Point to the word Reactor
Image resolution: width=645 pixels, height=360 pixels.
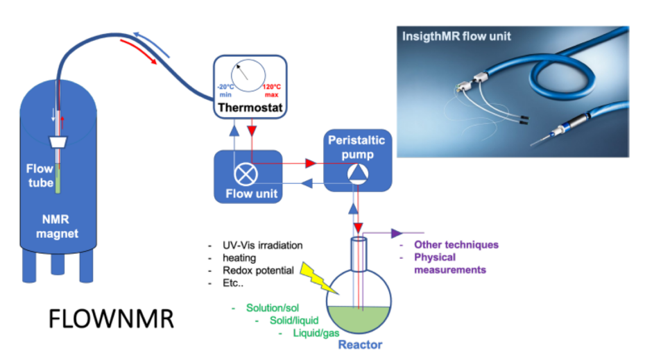point(359,344)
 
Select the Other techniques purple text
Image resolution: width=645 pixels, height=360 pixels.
point(456,245)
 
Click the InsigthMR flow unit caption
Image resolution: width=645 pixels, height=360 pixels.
point(456,35)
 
